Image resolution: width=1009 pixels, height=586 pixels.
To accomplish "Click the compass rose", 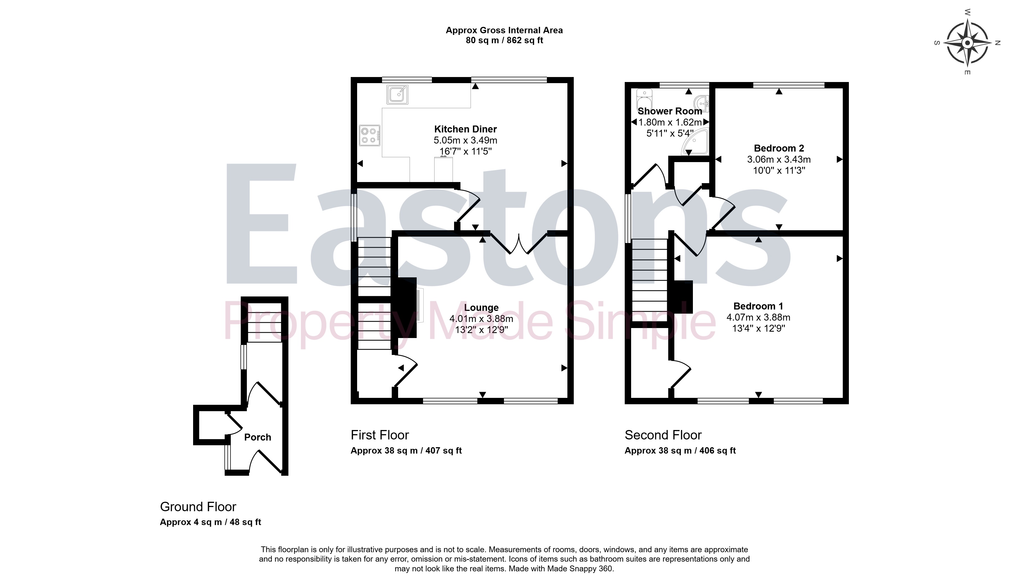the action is tap(967, 43).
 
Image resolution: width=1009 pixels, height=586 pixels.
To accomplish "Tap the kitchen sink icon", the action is tap(397, 94).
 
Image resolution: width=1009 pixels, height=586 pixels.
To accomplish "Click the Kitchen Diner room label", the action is tap(465, 129).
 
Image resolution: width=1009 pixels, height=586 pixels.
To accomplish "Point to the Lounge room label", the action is tap(481, 308).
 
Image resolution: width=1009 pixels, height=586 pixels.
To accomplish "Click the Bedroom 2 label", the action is tap(779, 148).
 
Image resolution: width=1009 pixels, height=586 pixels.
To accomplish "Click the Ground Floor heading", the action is tap(198, 507).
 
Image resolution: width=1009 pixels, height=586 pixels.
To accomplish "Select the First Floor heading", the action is tap(380, 435).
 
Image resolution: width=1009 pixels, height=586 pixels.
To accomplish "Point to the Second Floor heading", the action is tap(663, 435).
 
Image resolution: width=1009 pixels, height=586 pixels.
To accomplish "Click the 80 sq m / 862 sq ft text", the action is tap(504, 40).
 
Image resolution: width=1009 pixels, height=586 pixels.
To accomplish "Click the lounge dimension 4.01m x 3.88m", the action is tap(481, 319).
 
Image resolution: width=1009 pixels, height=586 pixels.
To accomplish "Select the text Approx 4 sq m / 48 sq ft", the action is tap(210, 522).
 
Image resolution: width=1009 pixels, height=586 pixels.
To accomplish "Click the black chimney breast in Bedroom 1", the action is tap(683, 297).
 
